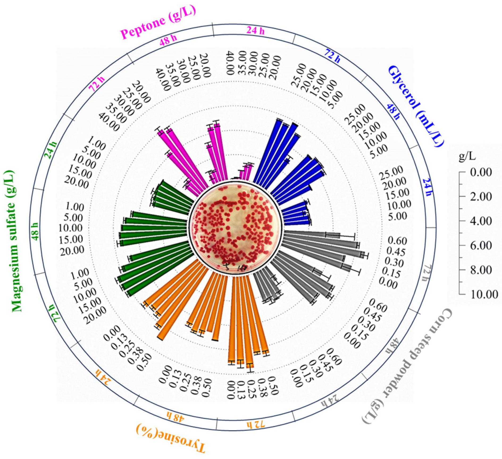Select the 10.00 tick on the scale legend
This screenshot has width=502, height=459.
point(483,294)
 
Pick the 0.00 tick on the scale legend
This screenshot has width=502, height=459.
point(481,172)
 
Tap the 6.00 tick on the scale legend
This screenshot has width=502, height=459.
point(481,245)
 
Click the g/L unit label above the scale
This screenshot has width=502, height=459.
point(467,156)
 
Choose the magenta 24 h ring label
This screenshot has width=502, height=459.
point(255,31)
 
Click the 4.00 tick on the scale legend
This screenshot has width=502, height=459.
point(481,221)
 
